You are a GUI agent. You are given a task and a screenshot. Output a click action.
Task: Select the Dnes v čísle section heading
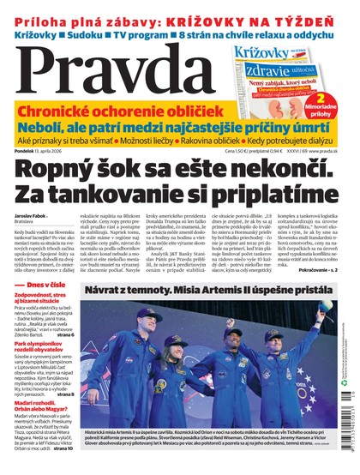pyautogui.click(x=44, y=308)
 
